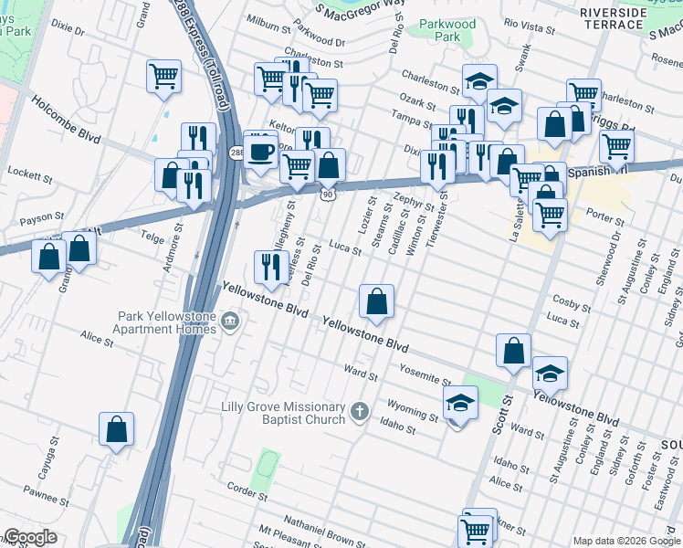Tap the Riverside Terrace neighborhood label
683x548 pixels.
[623, 20]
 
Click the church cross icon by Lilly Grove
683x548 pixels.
[360, 412]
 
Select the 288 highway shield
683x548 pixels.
[236, 153]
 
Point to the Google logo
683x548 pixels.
[30, 537]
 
